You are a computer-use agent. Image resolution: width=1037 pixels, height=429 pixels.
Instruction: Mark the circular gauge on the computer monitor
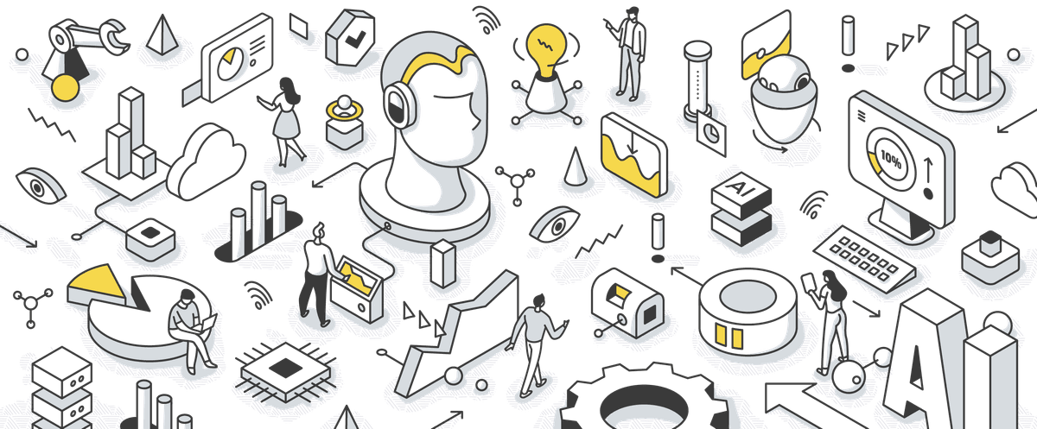[890, 156]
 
